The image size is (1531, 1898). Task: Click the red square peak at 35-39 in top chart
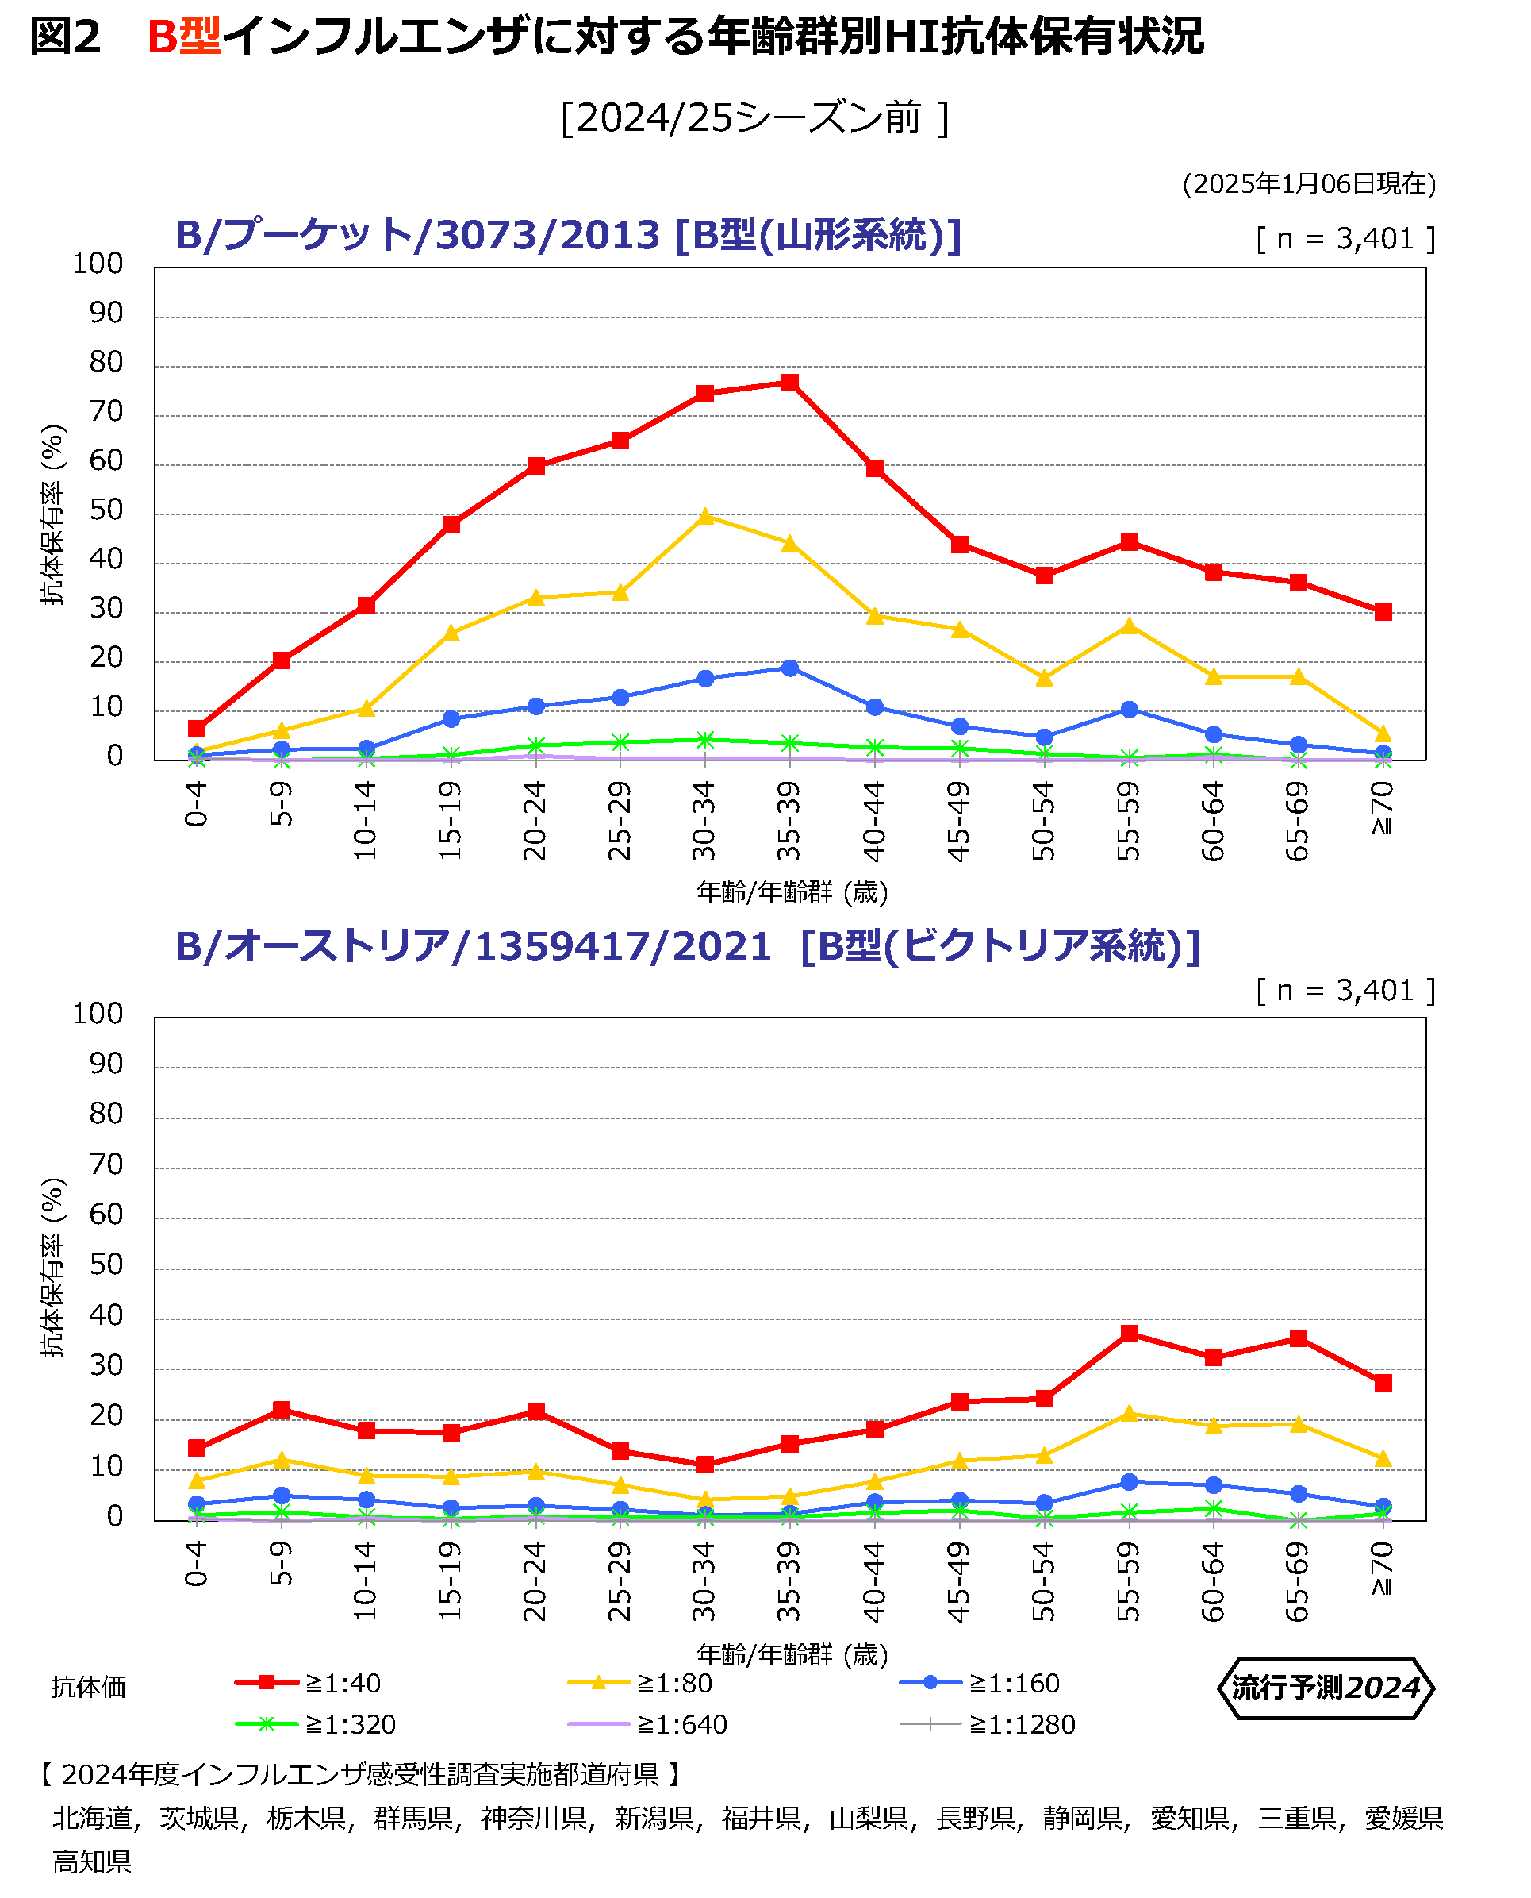(790, 382)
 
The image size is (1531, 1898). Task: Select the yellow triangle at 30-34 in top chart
(705, 516)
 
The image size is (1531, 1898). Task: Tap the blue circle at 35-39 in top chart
(790, 668)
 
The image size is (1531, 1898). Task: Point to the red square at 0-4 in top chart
(197, 728)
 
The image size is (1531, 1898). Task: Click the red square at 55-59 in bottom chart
(1129, 1334)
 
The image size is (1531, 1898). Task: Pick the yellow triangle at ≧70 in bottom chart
(1383, 1460)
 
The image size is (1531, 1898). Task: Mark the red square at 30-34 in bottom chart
(705, 1465)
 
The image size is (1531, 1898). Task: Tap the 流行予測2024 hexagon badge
(1326, 1688)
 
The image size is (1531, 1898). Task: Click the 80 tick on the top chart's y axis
(106, 363)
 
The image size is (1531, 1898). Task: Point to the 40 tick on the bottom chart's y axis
(106, 1315)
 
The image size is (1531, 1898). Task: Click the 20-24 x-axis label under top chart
(535, 821)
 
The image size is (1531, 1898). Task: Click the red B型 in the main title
(184, 37)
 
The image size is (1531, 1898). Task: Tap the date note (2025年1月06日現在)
(1309, 183)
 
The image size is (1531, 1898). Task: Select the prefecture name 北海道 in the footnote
(93, 1818)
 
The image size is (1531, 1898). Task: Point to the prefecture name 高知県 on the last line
(92, 1861)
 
